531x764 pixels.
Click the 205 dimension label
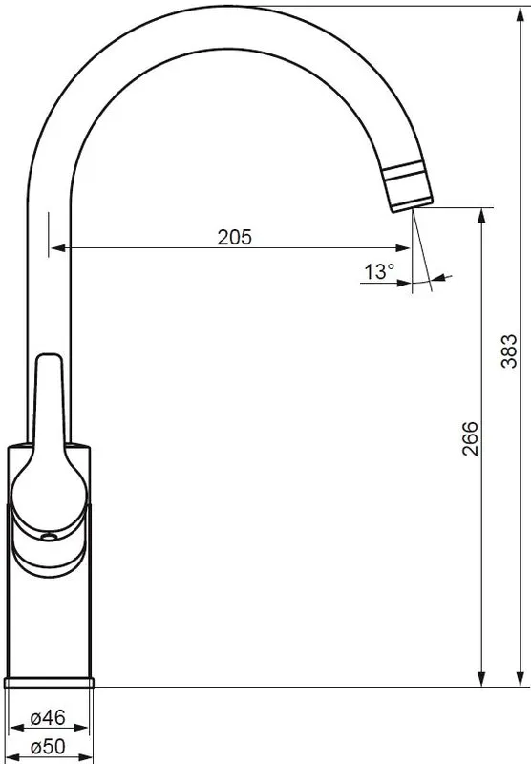point(234,237)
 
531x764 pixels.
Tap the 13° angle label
point(379,272)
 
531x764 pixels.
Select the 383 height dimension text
point(509,350)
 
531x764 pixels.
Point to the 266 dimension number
point(470,438)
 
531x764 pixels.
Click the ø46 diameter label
point(48,717)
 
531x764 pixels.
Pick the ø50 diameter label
point(48,747)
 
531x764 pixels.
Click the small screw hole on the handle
point(49,537)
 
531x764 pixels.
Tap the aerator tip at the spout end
point(407,188)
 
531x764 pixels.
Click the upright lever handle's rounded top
point(49,359)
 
